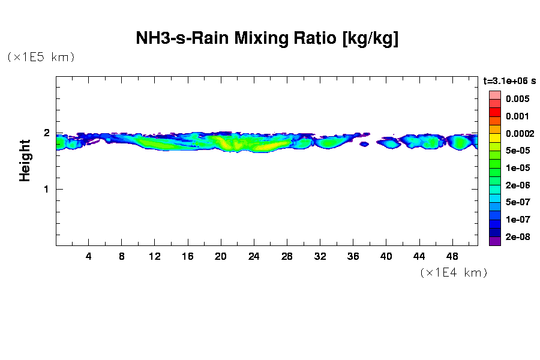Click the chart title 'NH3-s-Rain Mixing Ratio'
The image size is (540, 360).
[x=267, y=39]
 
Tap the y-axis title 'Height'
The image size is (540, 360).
[x=25, y=160]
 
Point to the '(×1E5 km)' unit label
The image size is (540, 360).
[x=41, y=57]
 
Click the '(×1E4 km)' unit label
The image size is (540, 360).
[x=454, y=272]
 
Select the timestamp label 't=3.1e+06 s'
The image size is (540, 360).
[x=509, y=80]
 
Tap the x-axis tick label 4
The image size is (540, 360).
[x=89, y=256]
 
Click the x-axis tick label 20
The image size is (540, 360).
[x=221, y=256]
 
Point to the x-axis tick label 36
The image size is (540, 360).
[x=353, y=256]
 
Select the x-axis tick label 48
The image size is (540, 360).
[x=452, y=256]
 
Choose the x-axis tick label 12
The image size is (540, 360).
[x=155, y=256]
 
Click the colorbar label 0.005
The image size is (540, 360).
[x=517, y=99]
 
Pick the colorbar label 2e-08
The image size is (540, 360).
[x=517, y=237]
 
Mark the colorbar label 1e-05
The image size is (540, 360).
[x=517, y=168]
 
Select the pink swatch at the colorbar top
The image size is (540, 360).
[x=494, y=95]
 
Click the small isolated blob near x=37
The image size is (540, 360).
[x=364, y=144]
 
